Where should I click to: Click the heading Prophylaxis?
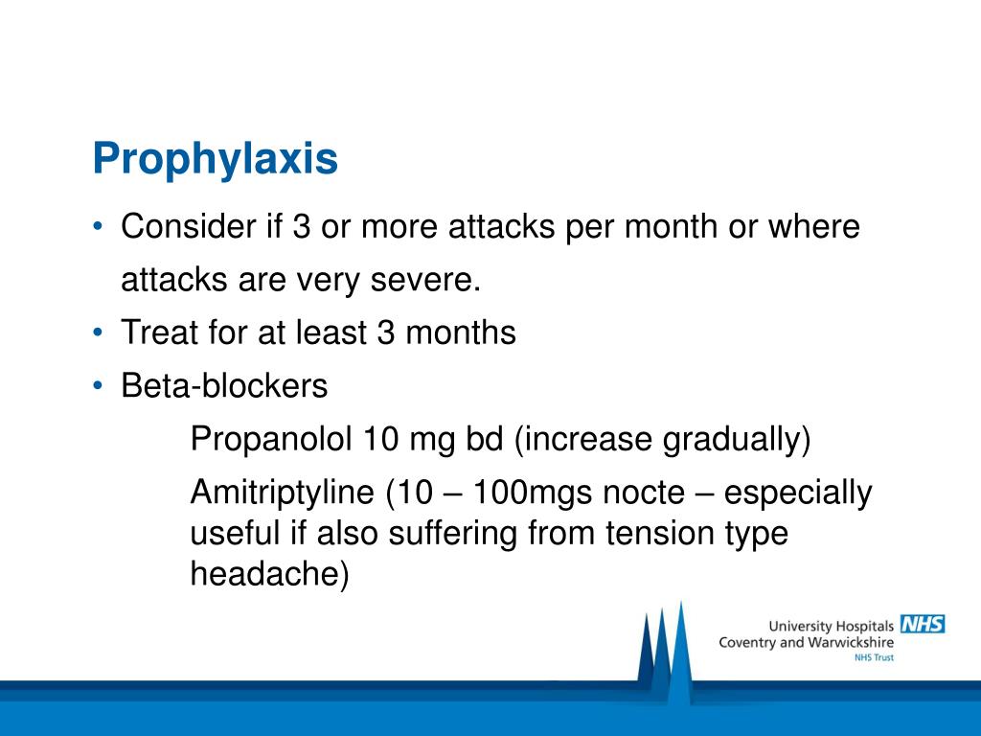coord(216,159)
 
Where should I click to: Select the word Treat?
coord(153,333)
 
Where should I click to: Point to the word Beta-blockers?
coord(224,386)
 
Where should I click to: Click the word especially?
coord(798,493)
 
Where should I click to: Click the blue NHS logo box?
coord(923,624)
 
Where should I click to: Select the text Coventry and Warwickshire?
coord(806,642)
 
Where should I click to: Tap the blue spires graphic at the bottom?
coord(665,652)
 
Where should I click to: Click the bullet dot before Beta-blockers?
coord(100,386)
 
